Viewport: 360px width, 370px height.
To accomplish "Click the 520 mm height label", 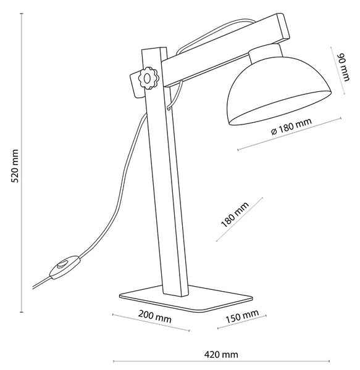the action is pyautogui.click(x=15, y=166).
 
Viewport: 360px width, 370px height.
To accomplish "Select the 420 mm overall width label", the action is pyautogui.click(x=221, y=355).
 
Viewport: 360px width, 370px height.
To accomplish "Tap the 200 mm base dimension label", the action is pyautogui.click(x=155, y=317).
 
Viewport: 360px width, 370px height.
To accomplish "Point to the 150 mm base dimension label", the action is pyautogui.click(x=242, y=317).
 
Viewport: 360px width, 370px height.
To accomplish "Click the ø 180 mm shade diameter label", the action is pyautogui.click(x=291, y=126).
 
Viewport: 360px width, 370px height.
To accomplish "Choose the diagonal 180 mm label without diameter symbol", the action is pyautogui.click(x=235, y=215).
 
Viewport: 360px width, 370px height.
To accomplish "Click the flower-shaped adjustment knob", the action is pyautogui.click(x=148, y=78).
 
